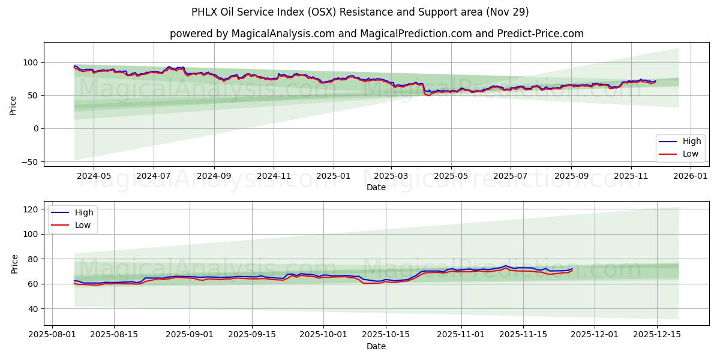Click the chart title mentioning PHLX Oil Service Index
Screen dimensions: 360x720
pos(360,12)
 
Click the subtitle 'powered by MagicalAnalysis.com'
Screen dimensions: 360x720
pos(252,34)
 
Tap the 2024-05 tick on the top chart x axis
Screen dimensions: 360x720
pos(94,176)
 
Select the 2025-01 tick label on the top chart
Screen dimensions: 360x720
pos(332,176)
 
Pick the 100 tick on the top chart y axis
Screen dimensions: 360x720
pos(30,62)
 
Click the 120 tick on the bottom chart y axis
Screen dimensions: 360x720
pos(32,209)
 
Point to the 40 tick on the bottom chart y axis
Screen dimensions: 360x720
pos(34,309)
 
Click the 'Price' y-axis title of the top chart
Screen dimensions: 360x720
pos(13,105)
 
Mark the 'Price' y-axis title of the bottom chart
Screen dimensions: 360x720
pos(15,264)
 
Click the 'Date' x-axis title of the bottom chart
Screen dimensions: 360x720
pos(376,346)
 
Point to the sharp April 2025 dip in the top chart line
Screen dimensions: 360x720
pos(427,95)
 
